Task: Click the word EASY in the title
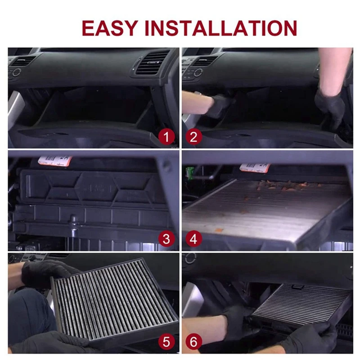(111, 27)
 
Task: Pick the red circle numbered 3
(166, 239)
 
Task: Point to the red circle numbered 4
(193, 239)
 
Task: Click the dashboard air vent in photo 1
(151, 63)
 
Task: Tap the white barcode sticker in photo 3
(55, 161)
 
